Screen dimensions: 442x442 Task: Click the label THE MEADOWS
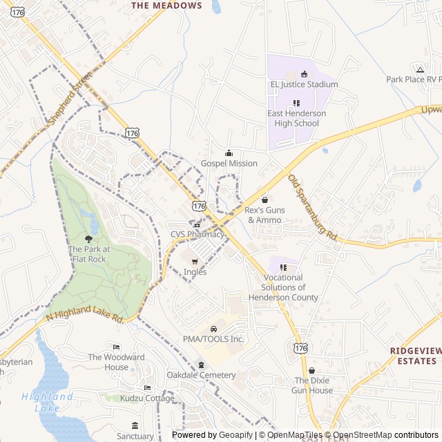pos(166,6)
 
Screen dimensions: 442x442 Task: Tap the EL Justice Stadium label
pos(304,84)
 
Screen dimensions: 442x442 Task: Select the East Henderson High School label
pos(296,118)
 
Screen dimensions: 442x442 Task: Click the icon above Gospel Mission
pos(229,153)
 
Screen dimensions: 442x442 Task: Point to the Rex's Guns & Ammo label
pos(265,215)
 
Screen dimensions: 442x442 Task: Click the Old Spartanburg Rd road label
pos(312,207)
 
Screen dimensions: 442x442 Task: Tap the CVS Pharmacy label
pos(198,234)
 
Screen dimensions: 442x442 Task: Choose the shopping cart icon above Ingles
pos(195,262)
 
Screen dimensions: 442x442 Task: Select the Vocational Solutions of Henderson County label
pos(283,287)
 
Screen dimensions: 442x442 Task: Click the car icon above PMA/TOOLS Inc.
pos(213,328)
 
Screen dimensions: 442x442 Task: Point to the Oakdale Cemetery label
pos(201,375)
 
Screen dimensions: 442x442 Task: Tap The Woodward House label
pos(116,362)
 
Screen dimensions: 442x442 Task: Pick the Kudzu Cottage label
pos(146,398)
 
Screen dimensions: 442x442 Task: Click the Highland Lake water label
pos(47,402)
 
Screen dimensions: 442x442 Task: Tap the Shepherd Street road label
pos(70,101)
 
